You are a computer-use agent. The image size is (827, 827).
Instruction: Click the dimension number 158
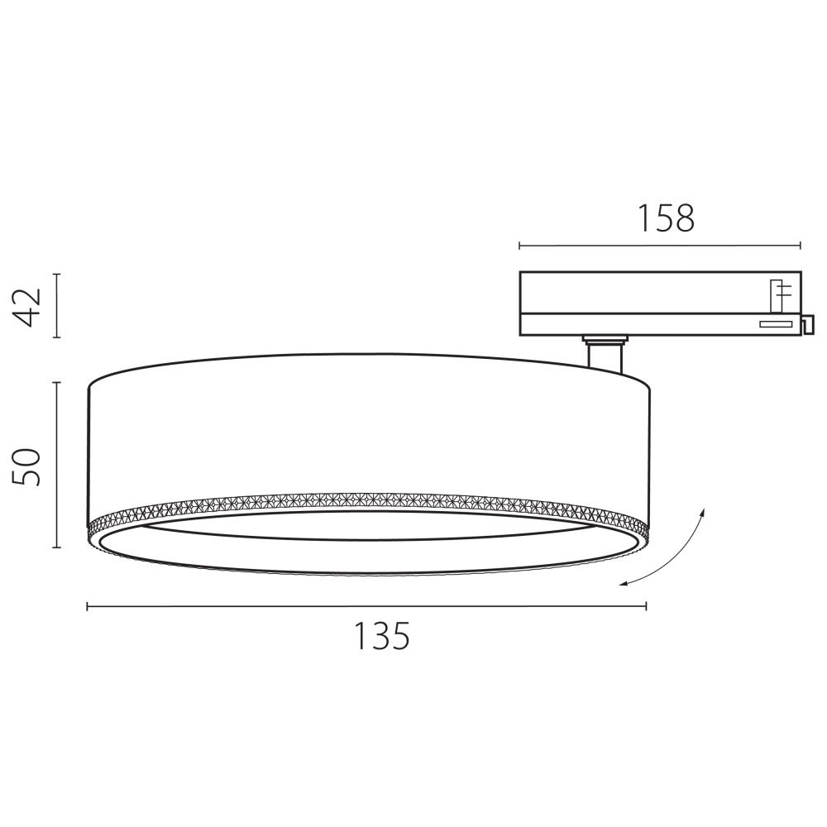tap(666, 218)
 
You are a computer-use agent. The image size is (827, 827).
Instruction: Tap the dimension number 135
tap(382, 636)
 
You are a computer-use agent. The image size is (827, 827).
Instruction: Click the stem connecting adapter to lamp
tap(603, 356)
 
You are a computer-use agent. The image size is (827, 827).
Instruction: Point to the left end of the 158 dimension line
tap(519, 245)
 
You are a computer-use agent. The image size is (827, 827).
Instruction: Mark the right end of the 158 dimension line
tap(801, 245)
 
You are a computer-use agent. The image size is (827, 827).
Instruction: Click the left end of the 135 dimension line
tap(88, 606)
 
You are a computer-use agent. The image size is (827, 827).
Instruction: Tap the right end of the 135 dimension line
tap(646, 606)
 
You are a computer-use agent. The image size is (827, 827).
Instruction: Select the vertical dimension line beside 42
tap(56, 305)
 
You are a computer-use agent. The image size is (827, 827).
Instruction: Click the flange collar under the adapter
tap(604, 338)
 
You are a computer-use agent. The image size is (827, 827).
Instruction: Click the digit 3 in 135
tap(382, 636)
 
